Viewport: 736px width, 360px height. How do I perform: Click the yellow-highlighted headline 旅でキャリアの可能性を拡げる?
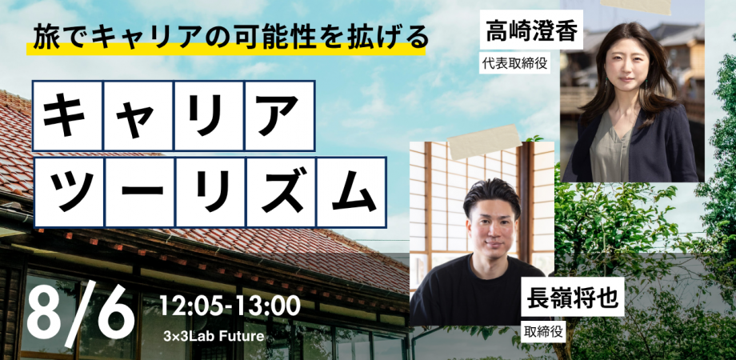[227, 38]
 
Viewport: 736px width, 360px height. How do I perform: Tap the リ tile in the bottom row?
[210, 192]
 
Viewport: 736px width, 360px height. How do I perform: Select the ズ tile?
[279, 192]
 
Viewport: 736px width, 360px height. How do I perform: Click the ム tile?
[350, 192]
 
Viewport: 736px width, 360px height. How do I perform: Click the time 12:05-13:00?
[230, 305]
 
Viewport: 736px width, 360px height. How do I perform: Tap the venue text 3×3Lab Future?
[213, 335]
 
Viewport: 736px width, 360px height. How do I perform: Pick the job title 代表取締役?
[514, 63]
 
